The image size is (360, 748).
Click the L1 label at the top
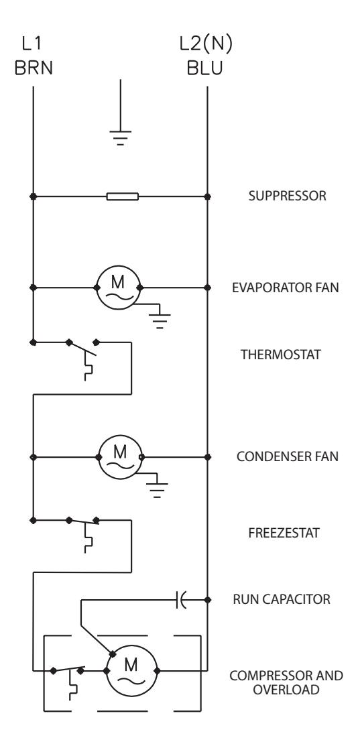click(x=32, y=44)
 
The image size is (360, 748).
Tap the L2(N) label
click(x=206, y=44)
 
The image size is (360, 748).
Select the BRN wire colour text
click(x=34, y=68)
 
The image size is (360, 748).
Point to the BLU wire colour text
click(x=205, y=68)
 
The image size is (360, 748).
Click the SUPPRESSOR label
click(x=288, y=196)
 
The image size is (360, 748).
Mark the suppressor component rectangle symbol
click(x=122, y=196)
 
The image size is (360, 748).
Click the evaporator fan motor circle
click(x=119, y=287)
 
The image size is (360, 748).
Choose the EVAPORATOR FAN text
click(x=286, y=288)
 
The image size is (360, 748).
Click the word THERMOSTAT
click(x=281, y=355)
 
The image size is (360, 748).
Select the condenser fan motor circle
click(x=120, y=457)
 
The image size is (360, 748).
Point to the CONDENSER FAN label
click(x=288, y=456)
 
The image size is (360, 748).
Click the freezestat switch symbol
click(x=83, y=534)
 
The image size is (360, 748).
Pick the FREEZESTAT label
click(x=284, y=532)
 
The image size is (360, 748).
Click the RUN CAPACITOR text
click(x=281, y=599)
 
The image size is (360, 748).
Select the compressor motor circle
click(x=131, y=671)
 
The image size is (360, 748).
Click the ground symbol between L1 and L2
click(x=120, y=137)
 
